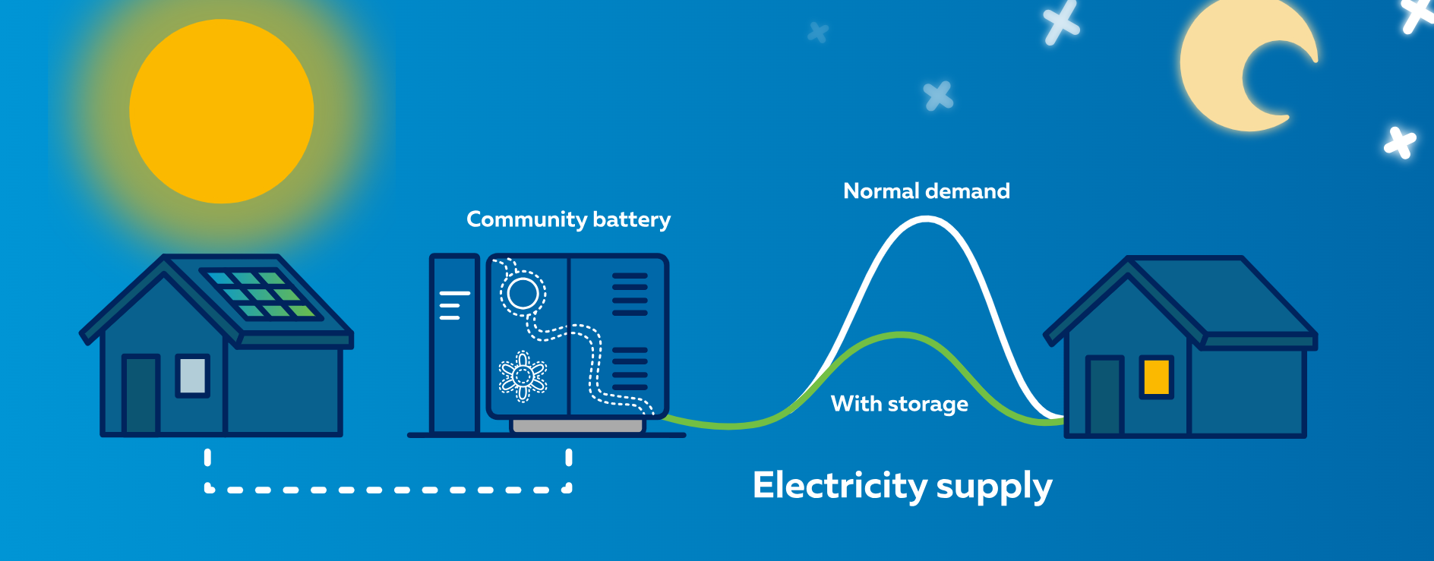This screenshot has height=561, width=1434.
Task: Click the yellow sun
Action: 221,112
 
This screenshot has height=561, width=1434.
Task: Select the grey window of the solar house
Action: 192,376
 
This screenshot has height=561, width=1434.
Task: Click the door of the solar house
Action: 141,395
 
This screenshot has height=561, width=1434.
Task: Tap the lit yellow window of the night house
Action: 1156,377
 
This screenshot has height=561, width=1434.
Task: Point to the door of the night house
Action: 1104,396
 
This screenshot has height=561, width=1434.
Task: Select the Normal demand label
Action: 926,191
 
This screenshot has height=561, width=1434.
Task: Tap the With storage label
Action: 899,404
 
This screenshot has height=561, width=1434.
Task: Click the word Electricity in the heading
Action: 839,486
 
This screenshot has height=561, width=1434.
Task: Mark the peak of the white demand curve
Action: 927,219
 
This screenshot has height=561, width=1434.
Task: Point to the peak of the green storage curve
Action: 902,335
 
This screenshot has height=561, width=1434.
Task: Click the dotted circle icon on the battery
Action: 523,294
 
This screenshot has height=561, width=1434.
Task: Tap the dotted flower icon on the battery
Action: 523,376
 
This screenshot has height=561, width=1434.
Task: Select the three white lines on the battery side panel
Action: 453,305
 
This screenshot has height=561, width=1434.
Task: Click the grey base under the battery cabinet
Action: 577,427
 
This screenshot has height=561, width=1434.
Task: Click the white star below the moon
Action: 1399,142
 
